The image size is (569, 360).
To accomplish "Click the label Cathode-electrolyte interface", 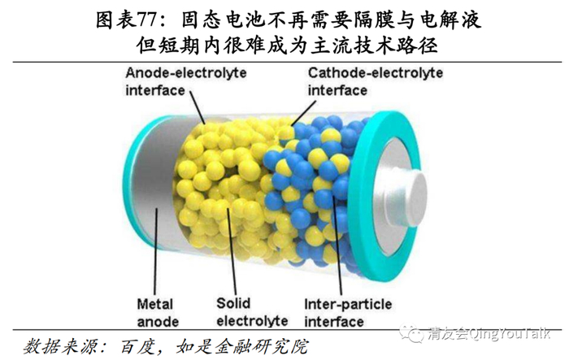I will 375,80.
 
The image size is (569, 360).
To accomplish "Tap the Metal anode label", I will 154,313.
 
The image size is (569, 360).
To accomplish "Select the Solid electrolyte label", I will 245,313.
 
